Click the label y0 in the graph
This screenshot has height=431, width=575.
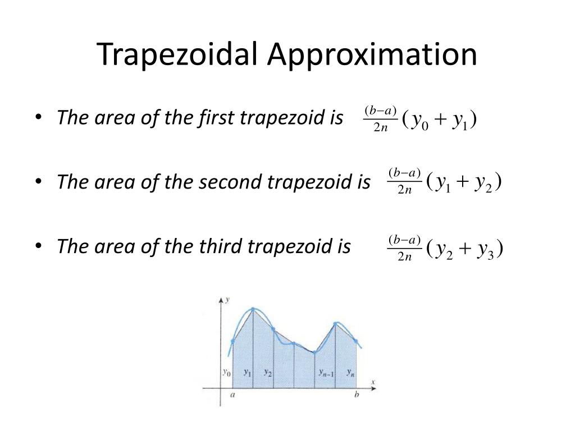pyautogui.click(x=226, y=372)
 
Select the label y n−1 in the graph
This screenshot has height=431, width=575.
pyautogui.click(x=326, y=372)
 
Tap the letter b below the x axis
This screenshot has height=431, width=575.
pyautogui.click(x=357, y=395)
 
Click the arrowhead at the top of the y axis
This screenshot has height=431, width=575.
pyautogui.click(x=220, y=301)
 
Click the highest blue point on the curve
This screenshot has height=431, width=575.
pyautogui.click(x=253, y=309)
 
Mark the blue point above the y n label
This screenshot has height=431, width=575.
pyautogui.click(x=356, y=340)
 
